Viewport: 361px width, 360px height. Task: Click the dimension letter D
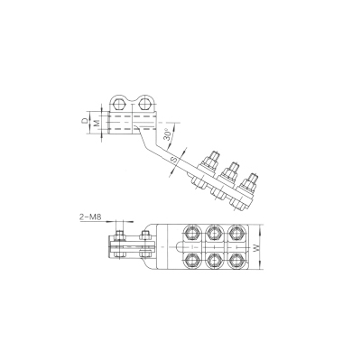click(x=86, y=121)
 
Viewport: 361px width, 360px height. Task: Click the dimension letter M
click(x=97, y=123)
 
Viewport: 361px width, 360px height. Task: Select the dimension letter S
click(x=175, y=160)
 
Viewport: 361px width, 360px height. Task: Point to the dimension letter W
click(x=256, y=248)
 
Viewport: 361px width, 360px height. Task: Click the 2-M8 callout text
click(x=90, y=217)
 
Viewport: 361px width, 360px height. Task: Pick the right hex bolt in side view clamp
click(x=145, y=105)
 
